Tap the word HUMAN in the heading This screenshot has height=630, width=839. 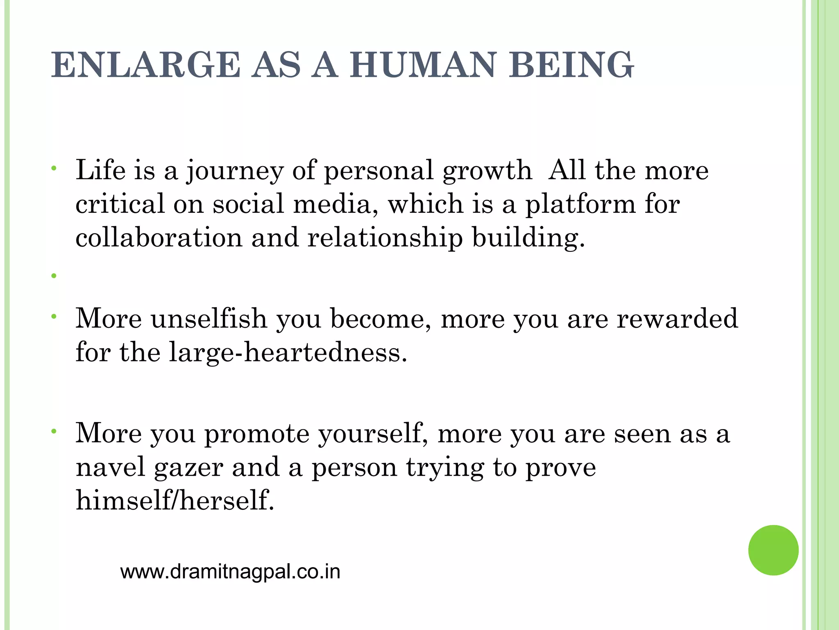(423, 65)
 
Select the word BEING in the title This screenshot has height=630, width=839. (571, 65)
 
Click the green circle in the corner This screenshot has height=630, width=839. (773, 550)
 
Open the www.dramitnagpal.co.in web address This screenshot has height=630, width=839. (230, 572)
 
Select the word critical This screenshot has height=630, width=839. (120, 204)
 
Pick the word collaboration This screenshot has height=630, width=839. (159, 237)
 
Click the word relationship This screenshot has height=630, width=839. (385, 238)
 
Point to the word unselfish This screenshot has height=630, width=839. (209, 319)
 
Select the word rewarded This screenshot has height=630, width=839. (677, 319)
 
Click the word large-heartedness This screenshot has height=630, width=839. (288, 353)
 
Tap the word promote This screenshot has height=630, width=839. (257, 434)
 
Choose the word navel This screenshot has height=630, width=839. (111, 467)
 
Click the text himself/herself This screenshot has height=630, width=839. (175, 501)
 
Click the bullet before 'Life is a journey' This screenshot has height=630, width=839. (54, 168)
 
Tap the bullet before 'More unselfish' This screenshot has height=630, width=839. (54, 316)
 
